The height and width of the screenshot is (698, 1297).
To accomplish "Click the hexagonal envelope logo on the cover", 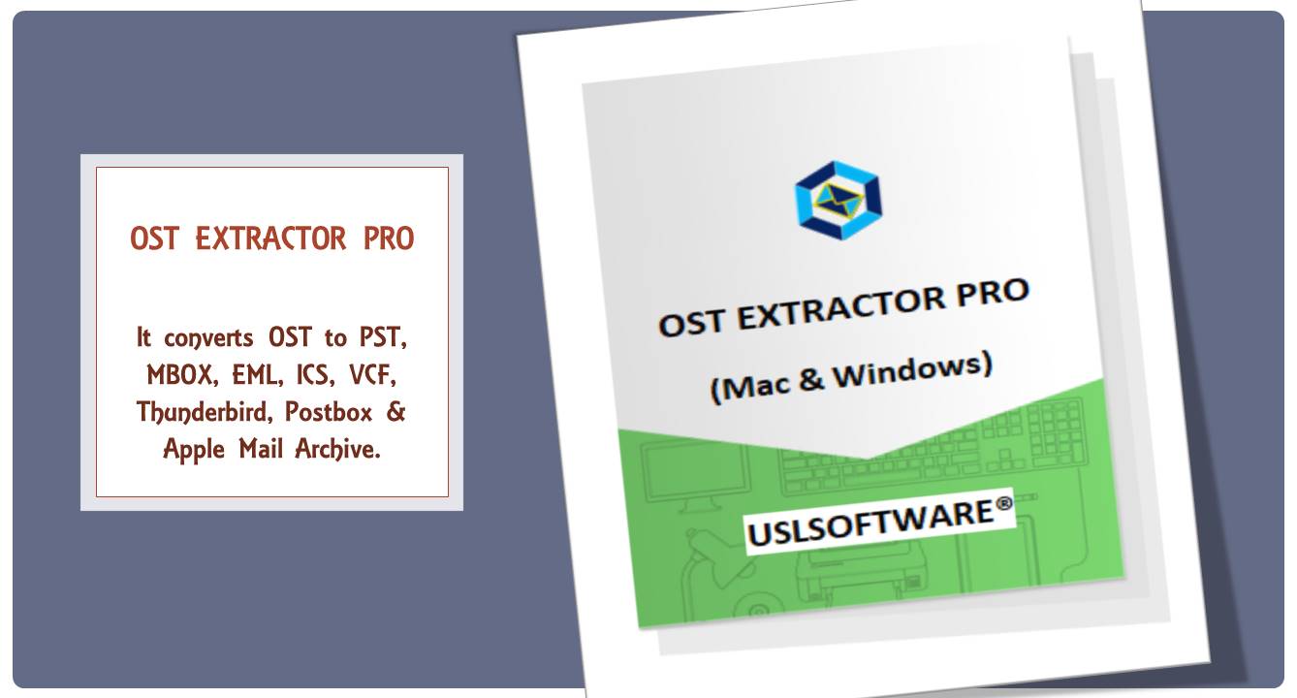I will (838, 200).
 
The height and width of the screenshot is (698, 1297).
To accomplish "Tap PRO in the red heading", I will (389, 238).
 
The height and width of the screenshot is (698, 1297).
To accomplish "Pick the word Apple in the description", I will (193, 450).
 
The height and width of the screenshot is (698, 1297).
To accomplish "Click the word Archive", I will (339, 450).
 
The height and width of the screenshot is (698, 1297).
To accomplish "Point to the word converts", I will (208, 338).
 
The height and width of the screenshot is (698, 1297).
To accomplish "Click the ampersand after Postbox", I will (395, 412).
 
